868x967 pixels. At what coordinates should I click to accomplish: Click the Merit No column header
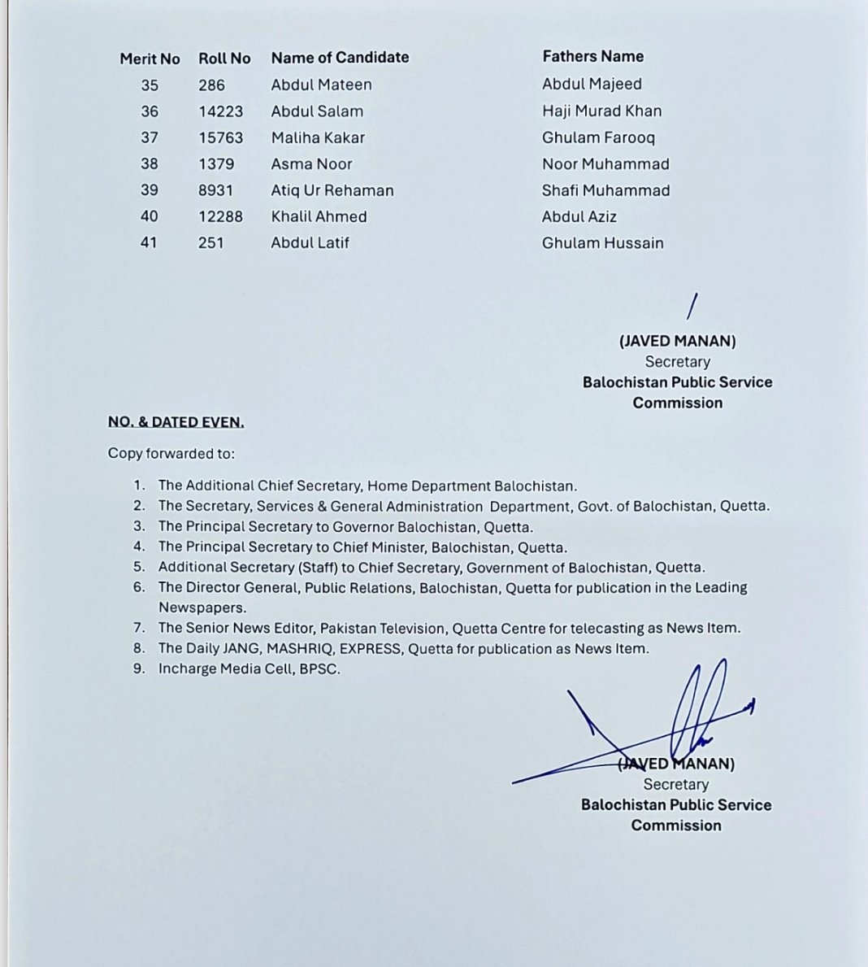[150, 59]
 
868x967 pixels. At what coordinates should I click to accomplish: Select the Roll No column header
[224, 59]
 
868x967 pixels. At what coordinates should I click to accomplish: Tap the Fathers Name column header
[592, 56]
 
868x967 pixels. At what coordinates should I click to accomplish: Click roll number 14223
[220, 111]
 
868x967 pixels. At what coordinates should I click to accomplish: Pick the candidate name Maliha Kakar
[318, 137]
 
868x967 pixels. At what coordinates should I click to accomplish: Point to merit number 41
[149, 242]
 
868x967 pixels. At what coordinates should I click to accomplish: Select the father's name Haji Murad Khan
[601, 111]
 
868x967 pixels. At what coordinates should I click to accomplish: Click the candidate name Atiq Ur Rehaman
[332, 190]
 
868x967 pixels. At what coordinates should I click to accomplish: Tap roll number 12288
[220, 216]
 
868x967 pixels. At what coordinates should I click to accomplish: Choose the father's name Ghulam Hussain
[602, 243]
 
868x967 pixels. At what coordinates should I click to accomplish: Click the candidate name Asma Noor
[311, 163]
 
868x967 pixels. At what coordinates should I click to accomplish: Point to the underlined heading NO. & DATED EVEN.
[176, 422]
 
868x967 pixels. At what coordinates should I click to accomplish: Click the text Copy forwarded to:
[171, 454]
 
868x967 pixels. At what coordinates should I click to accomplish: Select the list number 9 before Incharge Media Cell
[139, 669]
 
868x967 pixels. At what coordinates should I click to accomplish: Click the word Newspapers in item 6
[202, 608]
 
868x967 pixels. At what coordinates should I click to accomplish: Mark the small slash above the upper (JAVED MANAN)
[692, 306]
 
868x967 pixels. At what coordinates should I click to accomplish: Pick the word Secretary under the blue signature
[675, 784]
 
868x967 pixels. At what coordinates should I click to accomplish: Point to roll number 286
[211, 85]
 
